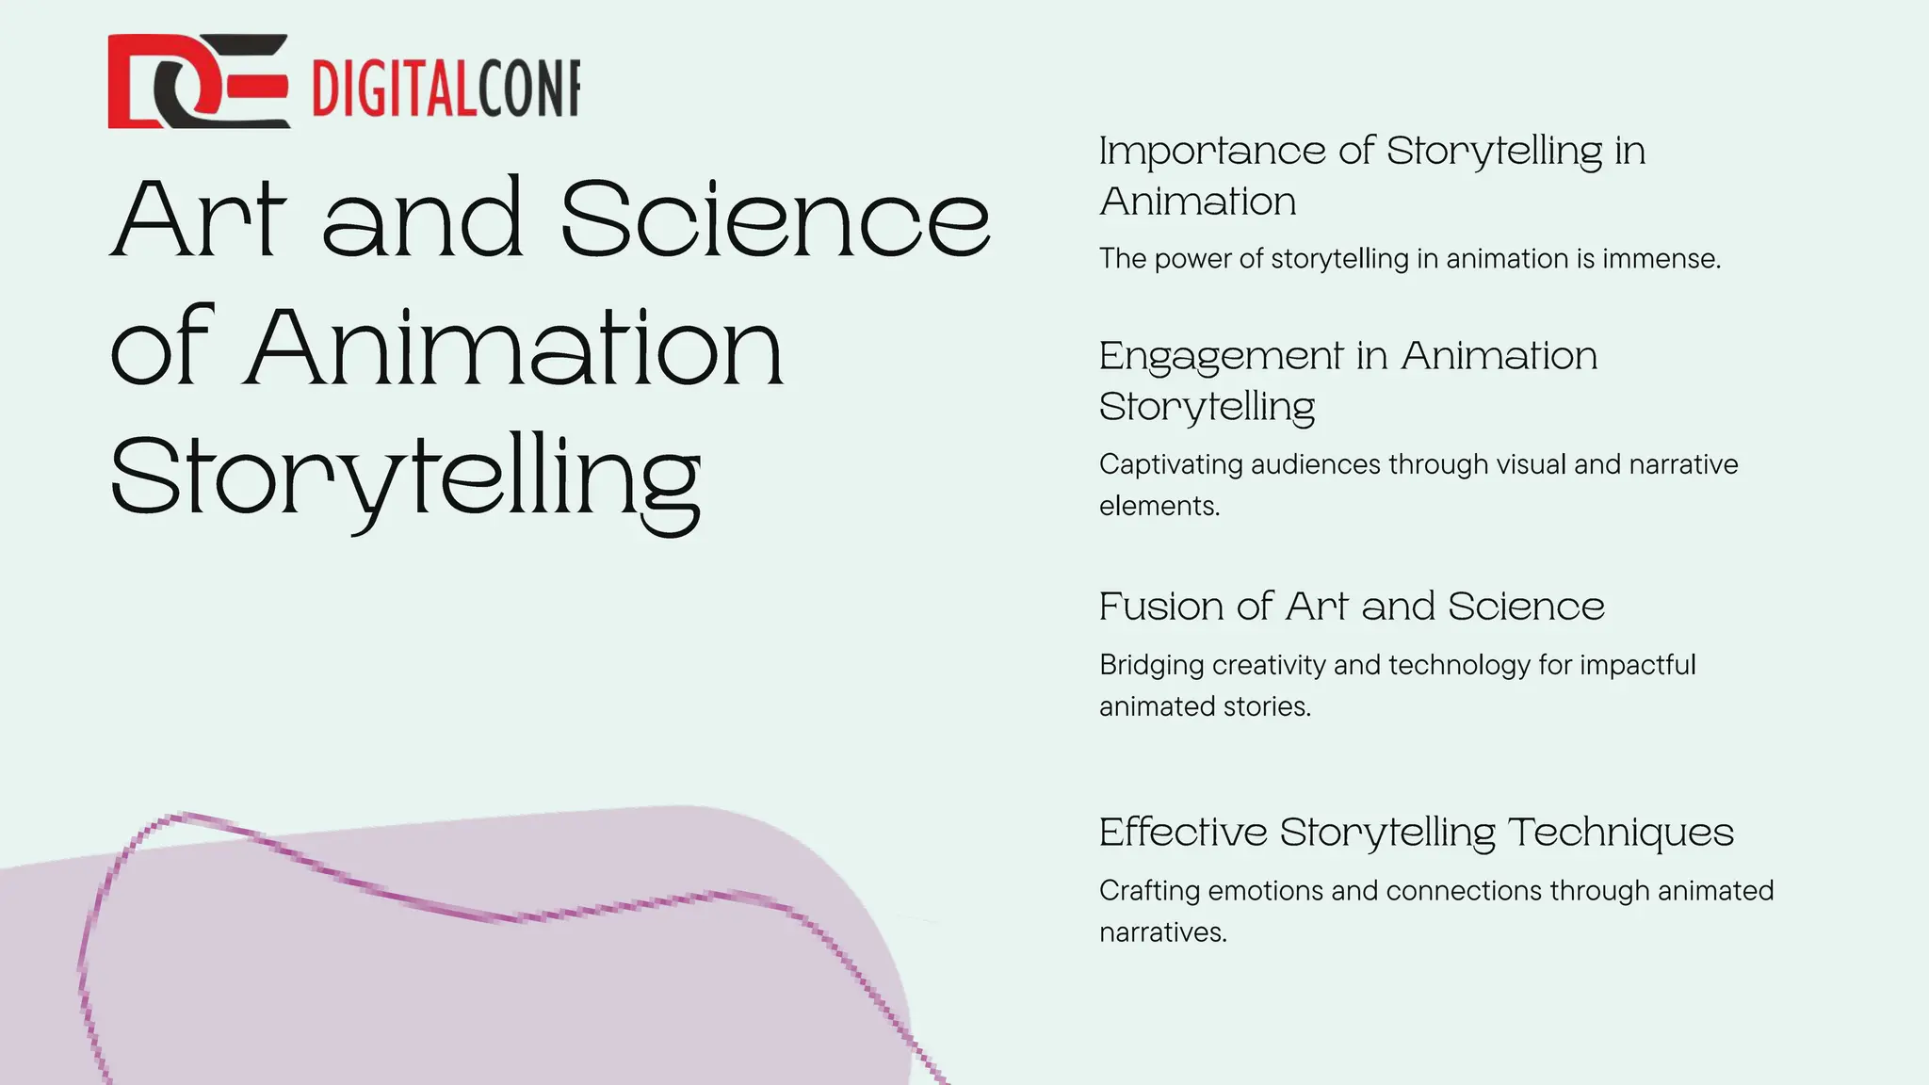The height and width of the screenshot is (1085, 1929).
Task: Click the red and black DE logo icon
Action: pyautogui.click(x=198, y=81)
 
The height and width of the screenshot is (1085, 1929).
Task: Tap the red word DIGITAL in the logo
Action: pyautogui.click(x=394, y=89)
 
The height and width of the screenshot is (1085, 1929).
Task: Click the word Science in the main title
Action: pyautogui.click(x=774, y=219)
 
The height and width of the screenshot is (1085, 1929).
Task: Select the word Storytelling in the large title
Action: pyautogui.click(x=406, y=478)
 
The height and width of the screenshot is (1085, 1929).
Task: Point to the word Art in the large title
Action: pyautogui.click(x=199, y=219)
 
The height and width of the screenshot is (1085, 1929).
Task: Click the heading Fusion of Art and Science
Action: pyautogui.click(x=1351, y=607)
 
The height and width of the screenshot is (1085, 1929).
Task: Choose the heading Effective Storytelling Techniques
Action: pyautogui.click(x=1416, y=833)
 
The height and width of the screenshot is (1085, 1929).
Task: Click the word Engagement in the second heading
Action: pyautogui.click(x=1221, y=357)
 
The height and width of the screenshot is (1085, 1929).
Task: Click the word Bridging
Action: pyautogui.click(x=1152, y=666)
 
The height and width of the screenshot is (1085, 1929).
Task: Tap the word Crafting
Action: pyautogui.click(x=1149, y=891)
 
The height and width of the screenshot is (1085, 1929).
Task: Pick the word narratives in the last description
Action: pyautogui.click(x=1162, y=932)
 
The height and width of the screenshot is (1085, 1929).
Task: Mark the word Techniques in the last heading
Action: pyautogui.click(x=1620, y=833)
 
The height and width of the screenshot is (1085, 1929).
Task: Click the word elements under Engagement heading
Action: pyautogui.click(x=1159, y=506)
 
